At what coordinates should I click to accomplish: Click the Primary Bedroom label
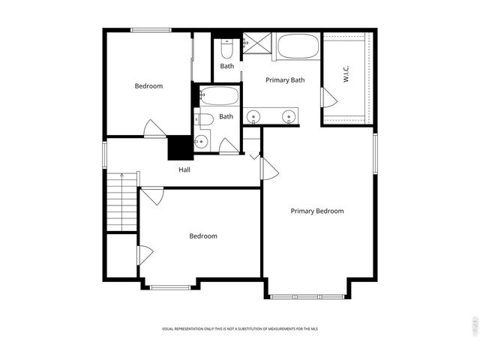317,211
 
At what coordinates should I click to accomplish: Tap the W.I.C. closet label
346,76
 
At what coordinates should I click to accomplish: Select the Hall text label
184,169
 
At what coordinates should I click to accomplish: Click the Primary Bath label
285,79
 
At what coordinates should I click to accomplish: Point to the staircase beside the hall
121,202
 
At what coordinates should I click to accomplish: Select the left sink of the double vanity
255,117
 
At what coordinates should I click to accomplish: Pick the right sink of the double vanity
288,117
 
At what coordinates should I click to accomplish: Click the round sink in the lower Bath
201,142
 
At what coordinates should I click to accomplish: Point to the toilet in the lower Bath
205,118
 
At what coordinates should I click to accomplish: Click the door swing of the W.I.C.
328,97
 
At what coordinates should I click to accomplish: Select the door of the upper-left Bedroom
154,128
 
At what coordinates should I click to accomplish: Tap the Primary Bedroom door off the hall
269,169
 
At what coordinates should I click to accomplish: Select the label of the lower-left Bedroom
202,236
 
